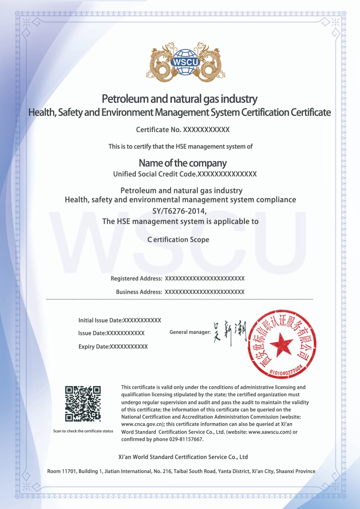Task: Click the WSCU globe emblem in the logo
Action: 186,62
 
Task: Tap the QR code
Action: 83,404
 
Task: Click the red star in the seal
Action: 281,344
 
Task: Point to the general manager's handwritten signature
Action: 230,332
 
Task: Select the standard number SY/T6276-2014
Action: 180,211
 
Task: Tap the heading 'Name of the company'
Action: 183,163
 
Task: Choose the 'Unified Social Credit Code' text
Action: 155,174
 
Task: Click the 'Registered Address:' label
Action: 136,279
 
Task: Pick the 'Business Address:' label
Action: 139,292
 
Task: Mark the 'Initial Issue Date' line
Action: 120,320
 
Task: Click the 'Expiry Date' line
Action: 113,346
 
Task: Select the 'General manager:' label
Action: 190,332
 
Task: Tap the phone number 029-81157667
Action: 186,439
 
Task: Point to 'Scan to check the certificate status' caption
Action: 83,431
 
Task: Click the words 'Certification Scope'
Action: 178,240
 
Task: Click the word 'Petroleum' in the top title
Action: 125,99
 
